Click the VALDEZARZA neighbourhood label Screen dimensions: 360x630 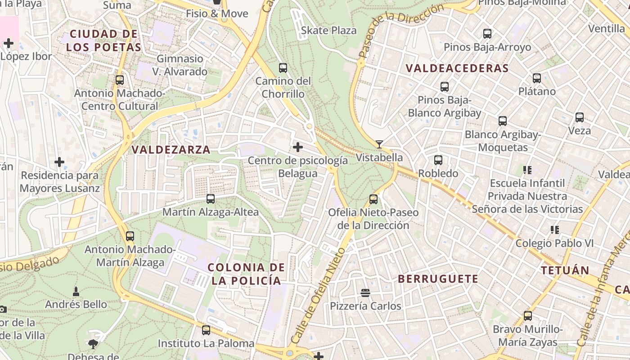tap(171, 150)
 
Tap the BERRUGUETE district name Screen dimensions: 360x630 tap(438, 279)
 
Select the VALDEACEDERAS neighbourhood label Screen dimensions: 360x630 tap(457, 68)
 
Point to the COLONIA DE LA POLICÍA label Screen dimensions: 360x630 tap(246, 274)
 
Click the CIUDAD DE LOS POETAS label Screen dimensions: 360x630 tap(103, 40)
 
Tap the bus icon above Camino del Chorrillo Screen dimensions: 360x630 tap(283, 68)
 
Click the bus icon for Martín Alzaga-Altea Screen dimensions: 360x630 tap(210, 198)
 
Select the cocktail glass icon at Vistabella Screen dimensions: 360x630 tap(379, 144)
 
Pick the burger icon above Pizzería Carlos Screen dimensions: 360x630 tap(365, 293)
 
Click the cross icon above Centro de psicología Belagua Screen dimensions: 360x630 tap(297, 147)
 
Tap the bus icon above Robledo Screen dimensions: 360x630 tap(438, 160)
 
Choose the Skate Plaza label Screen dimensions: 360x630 tap(328, 31)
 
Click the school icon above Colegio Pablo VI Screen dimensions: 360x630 tap(554, 230)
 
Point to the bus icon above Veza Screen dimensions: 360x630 tap(580, 117)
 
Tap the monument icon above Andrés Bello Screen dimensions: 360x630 tap(76, 291)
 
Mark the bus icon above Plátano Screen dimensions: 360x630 tap(537, 78)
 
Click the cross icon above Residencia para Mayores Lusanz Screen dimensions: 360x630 tap(59, 162)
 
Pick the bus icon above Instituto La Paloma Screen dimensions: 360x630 tap(206, 330)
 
